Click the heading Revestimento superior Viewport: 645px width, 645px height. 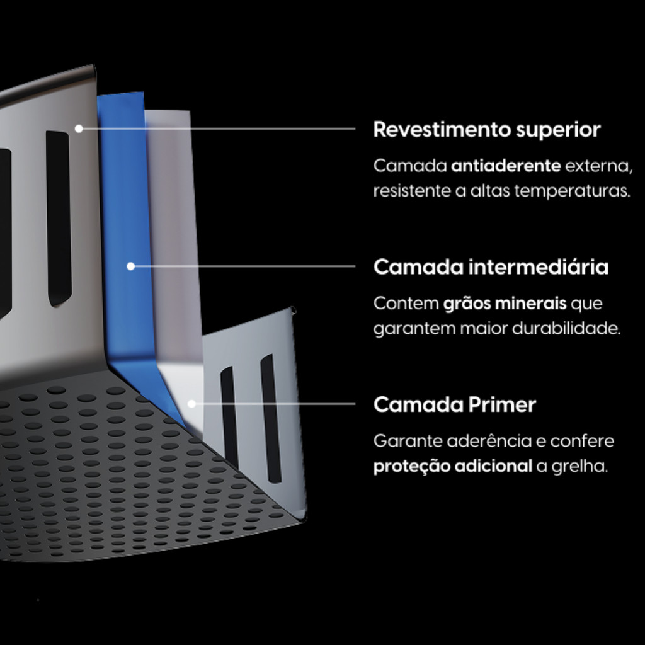[487, 130]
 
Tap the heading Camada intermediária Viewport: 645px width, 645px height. [491, 267]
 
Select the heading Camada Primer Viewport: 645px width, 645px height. [455, 404]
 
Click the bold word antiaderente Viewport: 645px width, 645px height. [506, 166]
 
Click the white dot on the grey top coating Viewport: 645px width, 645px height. [79, 128]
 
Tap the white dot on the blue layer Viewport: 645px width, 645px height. [131, 266]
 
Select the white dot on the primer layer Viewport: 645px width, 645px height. [191, 404]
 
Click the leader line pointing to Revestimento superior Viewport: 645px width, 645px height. [217, 128]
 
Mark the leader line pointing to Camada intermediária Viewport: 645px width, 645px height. [243, 266]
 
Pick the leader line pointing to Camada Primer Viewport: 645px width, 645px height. [273, 404]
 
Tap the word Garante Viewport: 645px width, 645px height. [408, 441]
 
